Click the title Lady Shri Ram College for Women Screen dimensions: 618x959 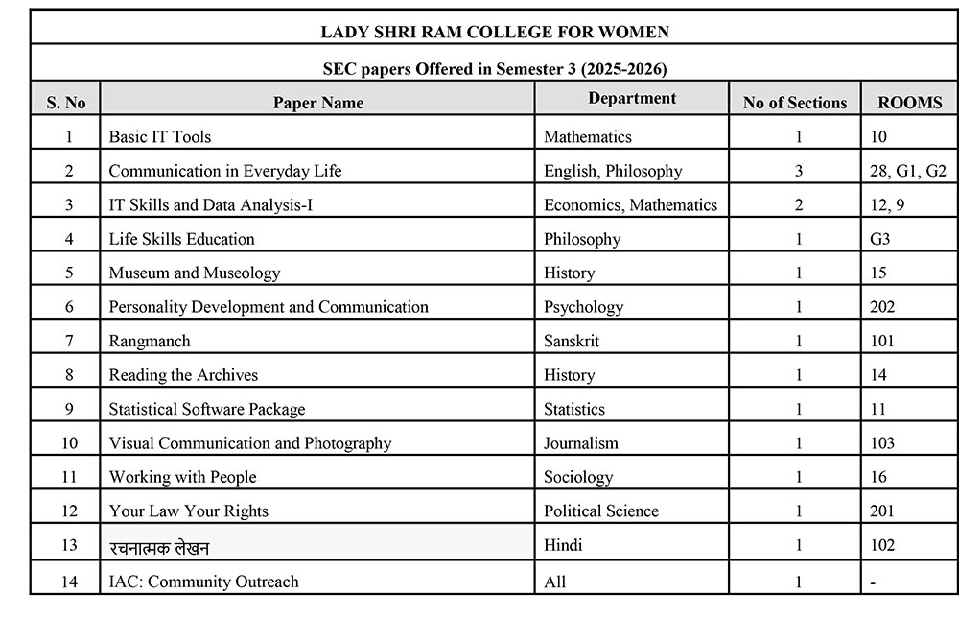[x=495, y=32]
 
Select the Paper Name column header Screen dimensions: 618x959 [x=317, y=103]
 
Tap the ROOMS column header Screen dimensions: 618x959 [x=909, y=103]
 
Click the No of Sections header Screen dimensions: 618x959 [x=795, y=103]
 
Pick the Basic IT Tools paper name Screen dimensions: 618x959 [x=160, y=137]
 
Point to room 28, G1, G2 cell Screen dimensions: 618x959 [x=906, y=171]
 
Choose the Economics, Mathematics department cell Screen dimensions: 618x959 [x=630, y=204]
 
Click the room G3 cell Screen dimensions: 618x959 [x=880, y=239]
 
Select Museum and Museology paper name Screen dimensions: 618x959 [x=195, y=273]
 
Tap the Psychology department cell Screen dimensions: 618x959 [x=583, y=307]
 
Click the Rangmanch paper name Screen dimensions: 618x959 [x=150, y=341]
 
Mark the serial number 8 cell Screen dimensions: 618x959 [x=69, y=375]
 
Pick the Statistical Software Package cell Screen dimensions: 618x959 [x=207, y=409]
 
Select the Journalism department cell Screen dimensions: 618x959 [x=581, y=443]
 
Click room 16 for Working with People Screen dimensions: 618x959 [x=879, y=477]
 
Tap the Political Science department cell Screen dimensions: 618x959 [x=601, y=511]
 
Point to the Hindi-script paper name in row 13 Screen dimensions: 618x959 [x=159, y=546]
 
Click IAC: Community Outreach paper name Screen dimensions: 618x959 [x=203, y=582]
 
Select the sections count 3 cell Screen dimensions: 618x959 [x=799, y=171]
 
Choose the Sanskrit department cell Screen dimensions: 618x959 [x=573, y=341]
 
